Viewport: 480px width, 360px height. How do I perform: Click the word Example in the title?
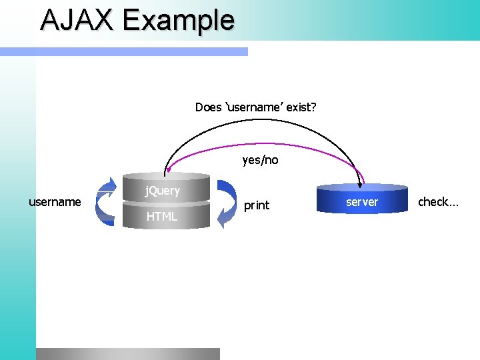coord(178,21)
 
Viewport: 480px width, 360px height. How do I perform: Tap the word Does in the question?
coord(208,107)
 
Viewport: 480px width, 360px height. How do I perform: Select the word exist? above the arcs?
coord(301,107)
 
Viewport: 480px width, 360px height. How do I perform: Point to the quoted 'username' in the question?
coord(254,107)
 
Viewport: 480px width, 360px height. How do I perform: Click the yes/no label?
coord(260,160)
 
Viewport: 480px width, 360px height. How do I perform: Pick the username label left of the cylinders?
coord(55,201)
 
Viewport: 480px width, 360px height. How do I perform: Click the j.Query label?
coord(163,191)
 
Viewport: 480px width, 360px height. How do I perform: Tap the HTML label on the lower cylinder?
coord(162,216)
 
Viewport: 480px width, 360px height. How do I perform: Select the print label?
coord(257,205)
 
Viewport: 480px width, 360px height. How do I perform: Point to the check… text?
coord(438,201)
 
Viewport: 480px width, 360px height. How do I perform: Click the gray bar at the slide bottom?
coord(127,353)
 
